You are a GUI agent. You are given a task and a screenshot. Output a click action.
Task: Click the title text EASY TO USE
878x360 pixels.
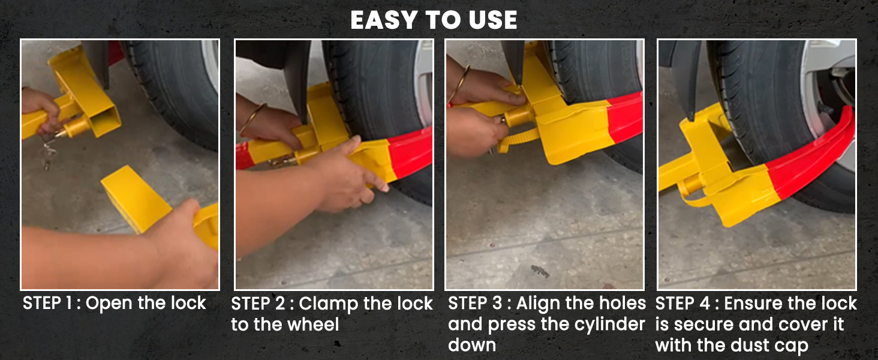pos(434,20)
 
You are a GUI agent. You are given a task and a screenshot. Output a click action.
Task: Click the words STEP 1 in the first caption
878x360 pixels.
pos(47,303)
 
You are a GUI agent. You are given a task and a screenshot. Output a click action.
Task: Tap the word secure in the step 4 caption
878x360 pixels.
pos(704,325)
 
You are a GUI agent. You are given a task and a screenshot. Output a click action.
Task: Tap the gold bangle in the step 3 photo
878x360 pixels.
pos(459,83)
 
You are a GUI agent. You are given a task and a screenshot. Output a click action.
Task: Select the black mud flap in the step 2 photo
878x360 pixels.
pos(297,80)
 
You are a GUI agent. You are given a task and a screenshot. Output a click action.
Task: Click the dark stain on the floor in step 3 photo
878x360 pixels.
pos(540,271)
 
